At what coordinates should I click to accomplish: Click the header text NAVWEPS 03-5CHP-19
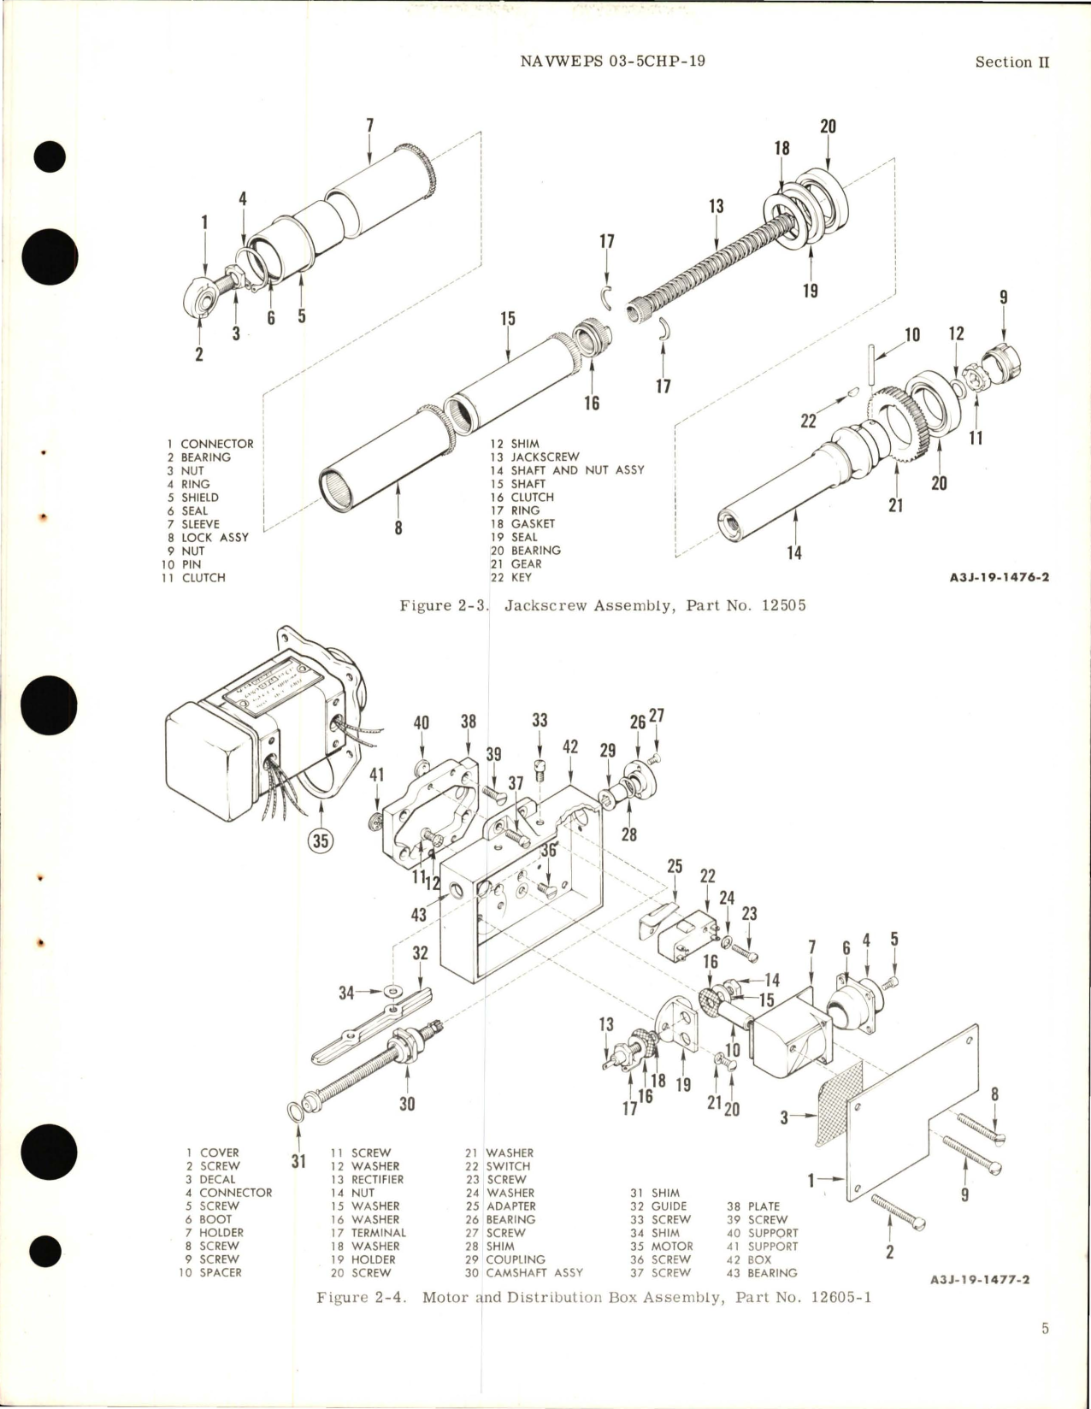pyautogui.click(x=612, y=62)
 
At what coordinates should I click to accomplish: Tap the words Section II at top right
pyautogui.click(x=1011, y=62)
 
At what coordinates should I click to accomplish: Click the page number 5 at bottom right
pyautogui.click(x=1045, y=1328)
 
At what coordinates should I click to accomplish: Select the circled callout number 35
pyautogui.click(x=320, y=840)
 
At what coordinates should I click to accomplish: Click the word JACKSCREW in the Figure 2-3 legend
pyautogui.click(x=545, y=457)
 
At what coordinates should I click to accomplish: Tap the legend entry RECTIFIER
pyautogui.click(x=377, y=1179)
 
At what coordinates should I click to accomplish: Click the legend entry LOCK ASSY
pyautogui.click(x=215, y=537)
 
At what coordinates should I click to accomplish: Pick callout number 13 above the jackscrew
pyautogui.click(x=716, y=206)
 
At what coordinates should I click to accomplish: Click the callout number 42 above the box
pyautogui.click(x=570, y=746)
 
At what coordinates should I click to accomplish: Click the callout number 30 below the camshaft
pyautogui.click(x=407, y=1104)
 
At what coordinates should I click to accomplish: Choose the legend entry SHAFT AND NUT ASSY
pyautogui.click(x=577, y=470)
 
